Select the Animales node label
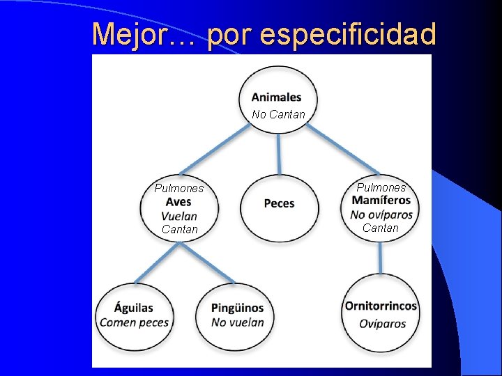[x=277, y=97]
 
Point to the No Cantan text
[x=278, y=114]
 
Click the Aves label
[x=178, y=202]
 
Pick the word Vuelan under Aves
[x=178, y=216]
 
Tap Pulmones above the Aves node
[x=179, y=188]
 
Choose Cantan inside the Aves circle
[x=179, y=229]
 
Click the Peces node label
[x=279, y=203]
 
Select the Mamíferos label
[x=381, y=201]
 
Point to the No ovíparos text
[x=381, y=214]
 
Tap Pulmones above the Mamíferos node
[x=381, y=187]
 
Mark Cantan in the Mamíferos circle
[x=381, y=228]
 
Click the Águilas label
[x=134, y=308]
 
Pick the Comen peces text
[x=134, y=322]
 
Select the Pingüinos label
[x=237, y=308]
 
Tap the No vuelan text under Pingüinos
[x=237, y=322]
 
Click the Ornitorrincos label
[x=381, y=306]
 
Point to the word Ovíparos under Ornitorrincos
[x=382, y=323]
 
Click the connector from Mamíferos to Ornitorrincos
[x=381, y=258]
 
